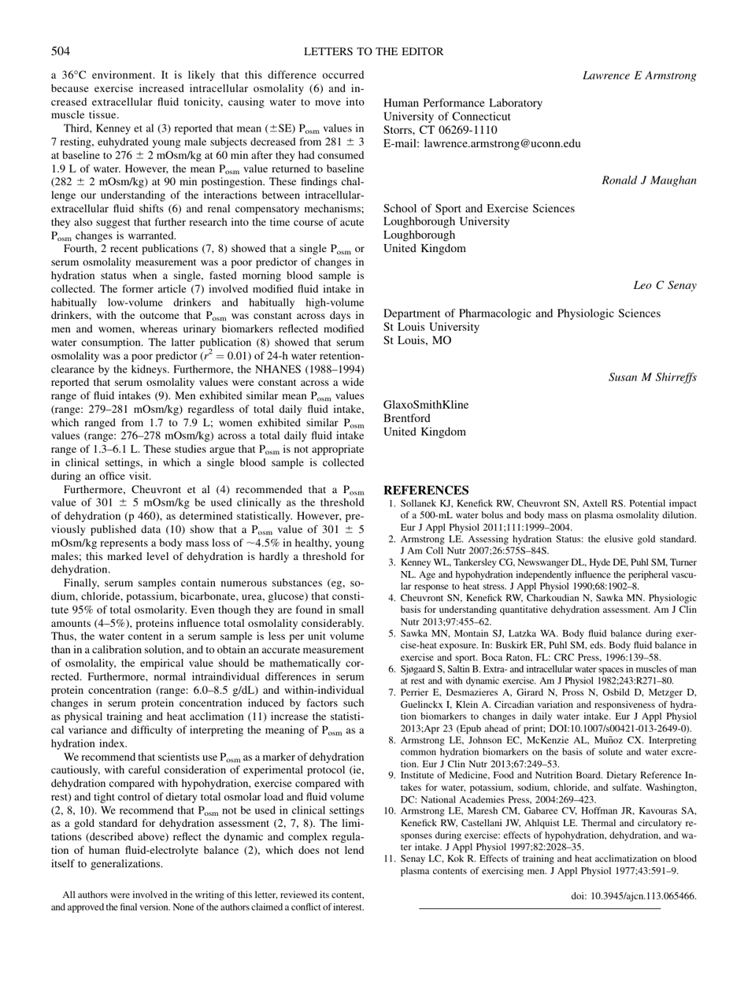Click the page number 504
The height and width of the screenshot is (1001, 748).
61,52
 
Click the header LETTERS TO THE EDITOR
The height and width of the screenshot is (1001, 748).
373,52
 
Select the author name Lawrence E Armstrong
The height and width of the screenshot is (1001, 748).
639,76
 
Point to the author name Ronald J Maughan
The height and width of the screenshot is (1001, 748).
649,181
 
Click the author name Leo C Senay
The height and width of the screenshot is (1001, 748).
665,285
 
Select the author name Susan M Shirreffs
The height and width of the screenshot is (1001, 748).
652,377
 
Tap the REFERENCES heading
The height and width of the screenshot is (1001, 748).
425,490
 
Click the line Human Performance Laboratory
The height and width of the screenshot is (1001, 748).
462,103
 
